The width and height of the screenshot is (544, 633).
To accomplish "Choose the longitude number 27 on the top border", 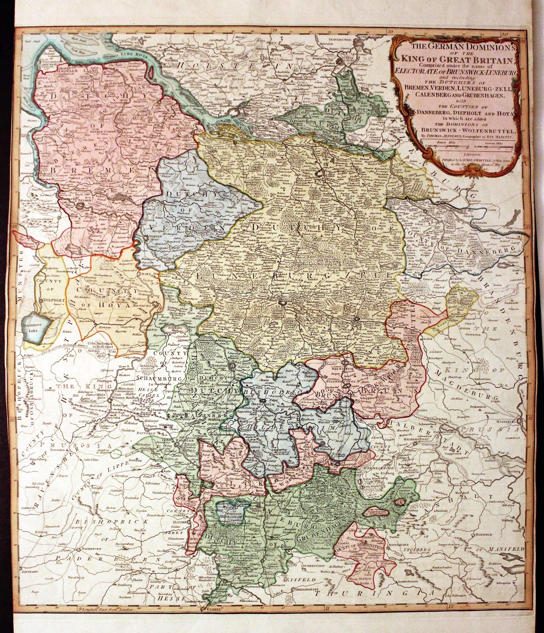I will coord(158,30).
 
